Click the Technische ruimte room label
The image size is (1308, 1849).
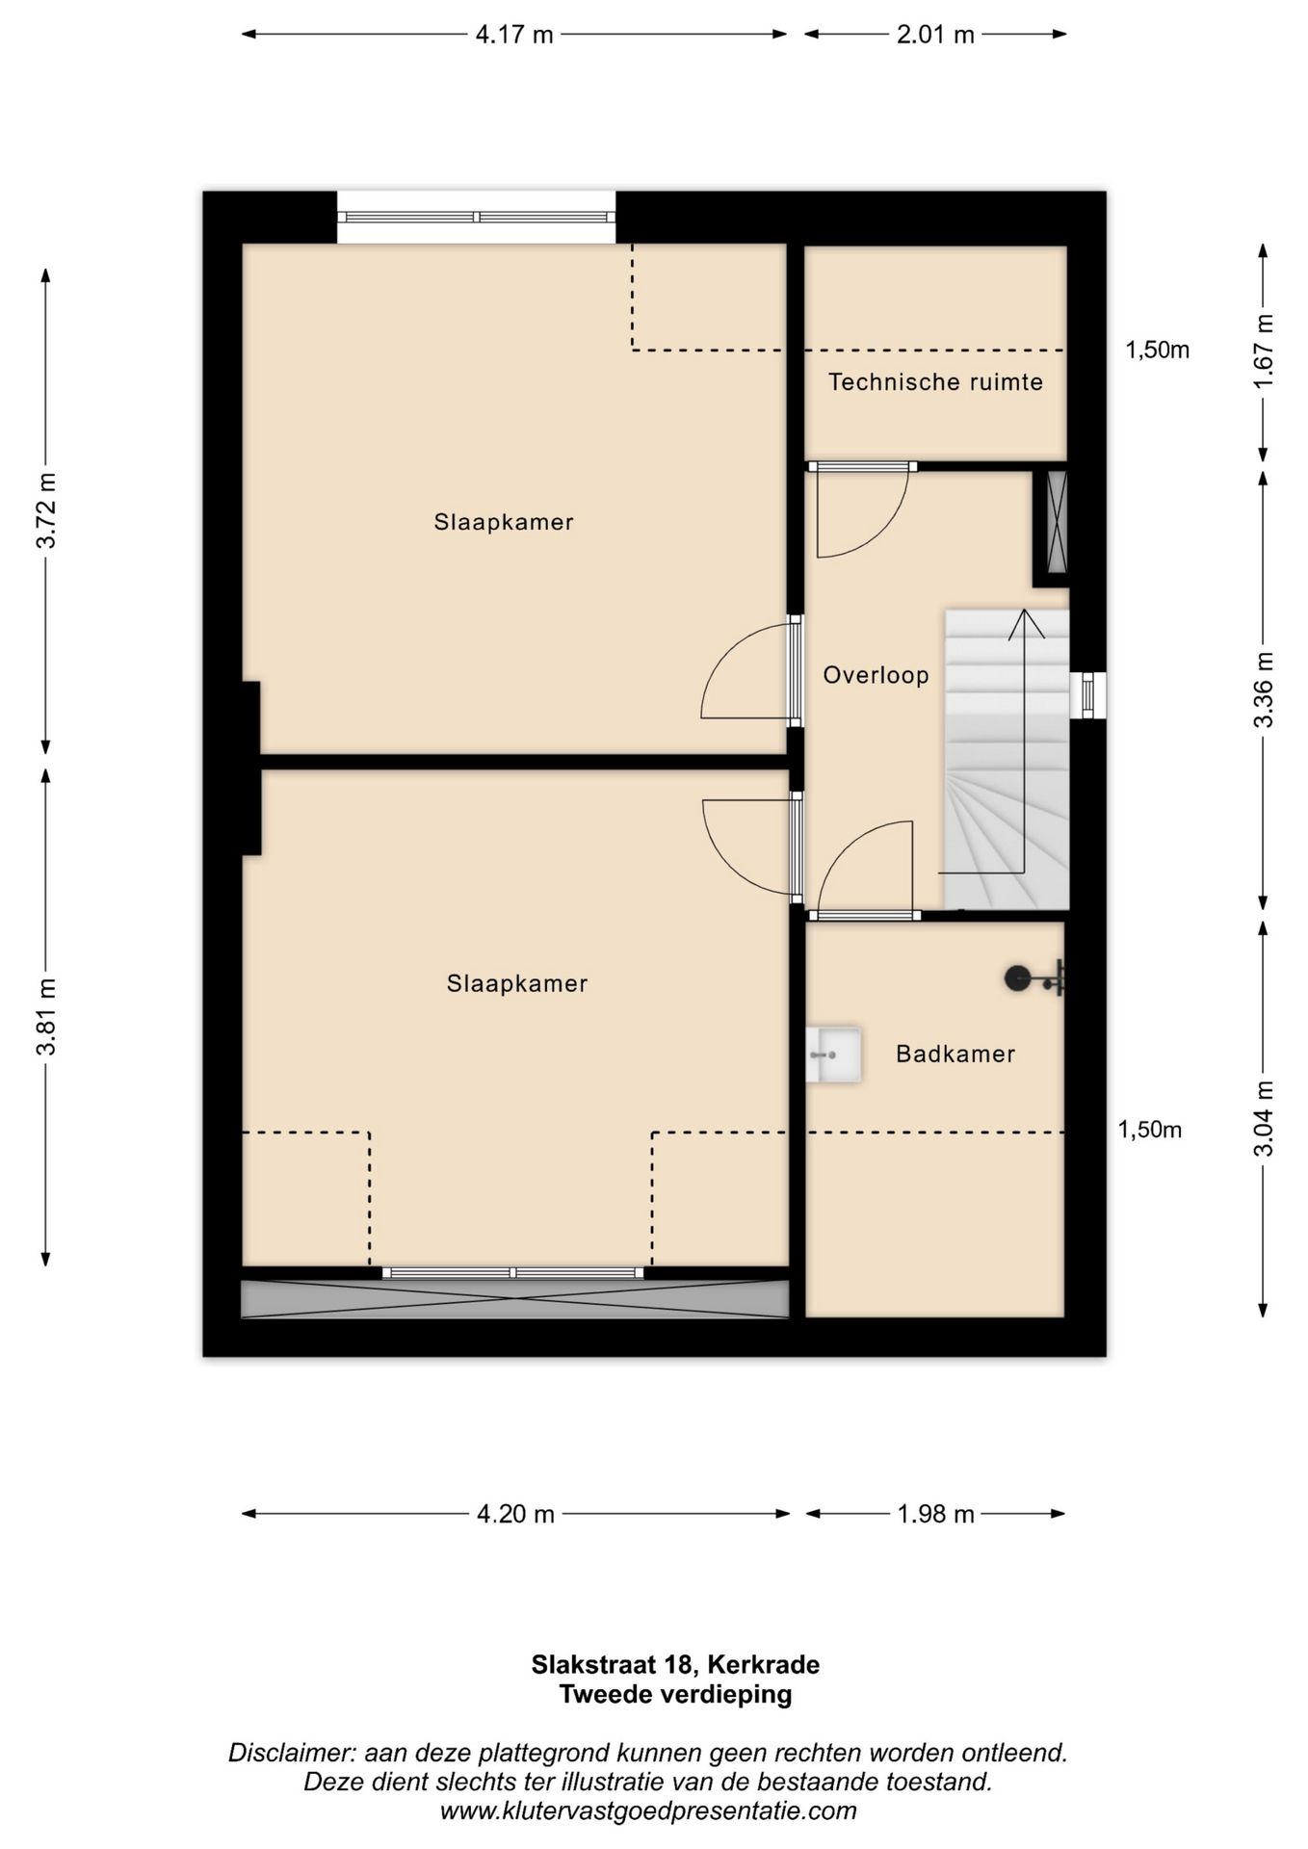[935, 382]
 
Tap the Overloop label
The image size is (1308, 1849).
[876, 675]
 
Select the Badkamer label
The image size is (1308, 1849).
[955, 1054]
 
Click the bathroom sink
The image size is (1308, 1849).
[833, 1055]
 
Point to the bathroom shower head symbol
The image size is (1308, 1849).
[1033, 978]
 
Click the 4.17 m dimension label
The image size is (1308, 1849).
[514, 35]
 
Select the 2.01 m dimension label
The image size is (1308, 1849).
[935, 35]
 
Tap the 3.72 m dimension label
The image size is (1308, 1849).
[45, 510]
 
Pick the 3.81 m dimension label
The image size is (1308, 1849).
[45, 1016]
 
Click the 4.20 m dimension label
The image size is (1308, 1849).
[515, 1514]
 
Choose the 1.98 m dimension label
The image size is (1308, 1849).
[935, 1514]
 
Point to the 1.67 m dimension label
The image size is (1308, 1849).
[1264, 351]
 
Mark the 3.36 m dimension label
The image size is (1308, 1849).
[1264, 690]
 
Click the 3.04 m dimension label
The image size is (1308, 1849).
[1264, 1118]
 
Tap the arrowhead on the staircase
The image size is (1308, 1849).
[1025, 623]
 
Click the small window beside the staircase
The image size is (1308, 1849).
[1087, 693]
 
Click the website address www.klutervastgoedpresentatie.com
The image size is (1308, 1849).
[648, 1810]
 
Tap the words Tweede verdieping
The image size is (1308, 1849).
[676, 1694]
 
